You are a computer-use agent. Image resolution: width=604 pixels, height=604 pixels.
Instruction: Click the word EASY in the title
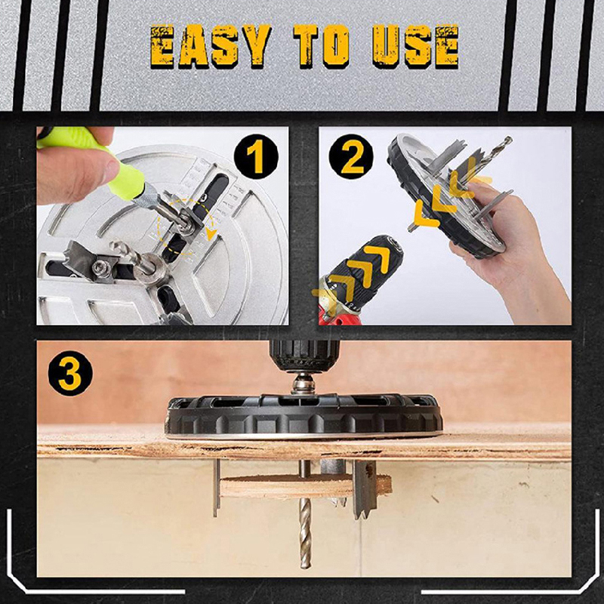coord(211,47)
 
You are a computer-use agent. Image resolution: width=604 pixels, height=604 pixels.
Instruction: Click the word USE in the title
coord(416,47)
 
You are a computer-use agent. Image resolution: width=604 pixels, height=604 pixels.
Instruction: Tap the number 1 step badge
coord(256,157)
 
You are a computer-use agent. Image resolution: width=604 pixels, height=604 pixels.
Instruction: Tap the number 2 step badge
coord(351,157)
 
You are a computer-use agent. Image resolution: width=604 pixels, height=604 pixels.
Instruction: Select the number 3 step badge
coord(70,373)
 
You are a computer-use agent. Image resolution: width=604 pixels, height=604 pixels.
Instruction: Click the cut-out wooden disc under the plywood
coord(305,486)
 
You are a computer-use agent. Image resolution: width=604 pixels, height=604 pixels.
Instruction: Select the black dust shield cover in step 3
coord(304,417)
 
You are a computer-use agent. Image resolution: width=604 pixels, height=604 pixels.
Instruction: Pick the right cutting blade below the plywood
coord(364,489)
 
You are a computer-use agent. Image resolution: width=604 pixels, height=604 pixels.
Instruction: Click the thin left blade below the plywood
coord(217,487)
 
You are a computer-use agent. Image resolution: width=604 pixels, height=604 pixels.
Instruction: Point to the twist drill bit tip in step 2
coord(509,139)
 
